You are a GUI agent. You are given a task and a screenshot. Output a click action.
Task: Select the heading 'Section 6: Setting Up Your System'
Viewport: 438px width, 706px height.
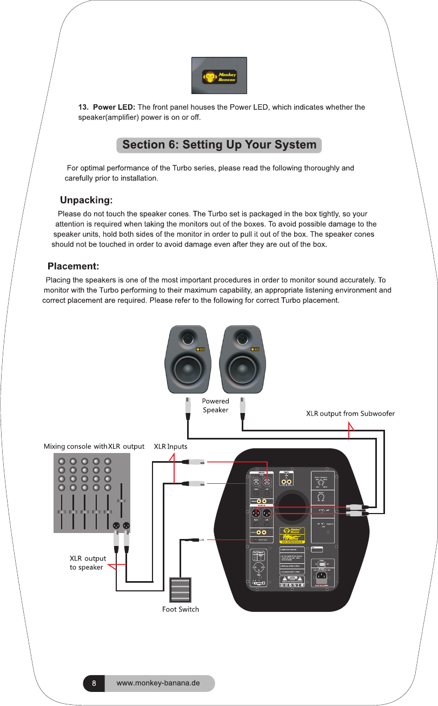219,145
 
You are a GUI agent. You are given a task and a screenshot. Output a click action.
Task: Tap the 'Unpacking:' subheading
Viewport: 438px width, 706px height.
86,201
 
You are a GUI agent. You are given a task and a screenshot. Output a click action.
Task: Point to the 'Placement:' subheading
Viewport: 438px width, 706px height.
73,266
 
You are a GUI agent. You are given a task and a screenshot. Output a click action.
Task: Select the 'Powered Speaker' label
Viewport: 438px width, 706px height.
216,405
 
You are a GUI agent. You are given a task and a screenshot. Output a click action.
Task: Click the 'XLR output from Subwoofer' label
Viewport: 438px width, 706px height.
350,414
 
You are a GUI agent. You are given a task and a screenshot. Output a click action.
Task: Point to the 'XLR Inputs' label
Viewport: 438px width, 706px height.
170,447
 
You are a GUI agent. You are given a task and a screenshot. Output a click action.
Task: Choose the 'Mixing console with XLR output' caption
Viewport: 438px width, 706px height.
94,447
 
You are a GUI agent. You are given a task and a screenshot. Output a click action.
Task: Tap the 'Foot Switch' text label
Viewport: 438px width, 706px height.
181,609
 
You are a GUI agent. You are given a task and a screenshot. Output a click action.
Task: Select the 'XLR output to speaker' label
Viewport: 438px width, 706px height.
88,562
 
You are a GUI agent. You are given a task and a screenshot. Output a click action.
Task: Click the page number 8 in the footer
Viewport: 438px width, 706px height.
94,683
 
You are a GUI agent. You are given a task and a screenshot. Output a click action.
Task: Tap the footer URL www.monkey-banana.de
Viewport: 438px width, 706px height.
158,683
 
